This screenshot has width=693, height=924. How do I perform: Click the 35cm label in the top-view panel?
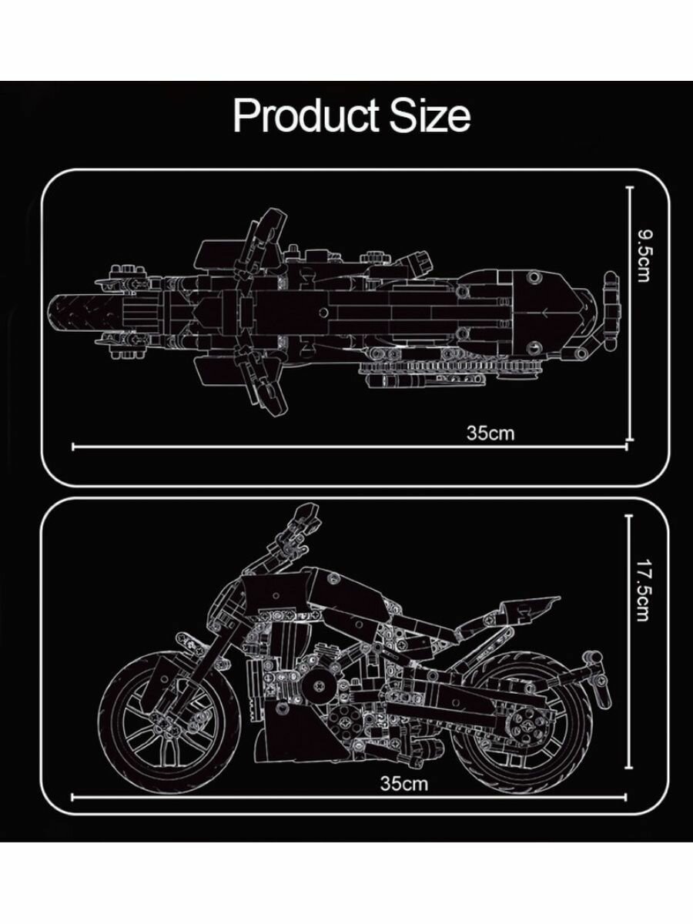pyautogui.click(x=490, y=433)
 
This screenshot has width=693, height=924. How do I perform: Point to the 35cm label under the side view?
pyautogui.click(x=403, y=783)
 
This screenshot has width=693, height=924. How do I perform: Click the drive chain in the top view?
pyautogui.click(x=447, y=371)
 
